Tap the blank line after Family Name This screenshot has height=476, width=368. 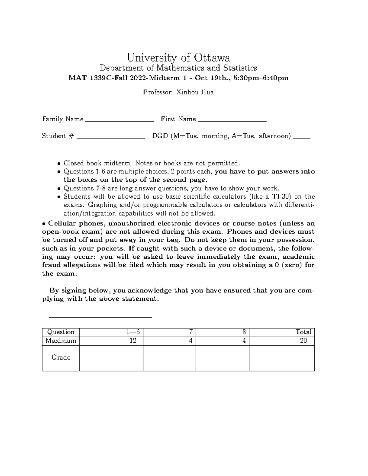pyautogui.click(x=120, y=121)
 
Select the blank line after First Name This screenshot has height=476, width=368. pyautogui.click(x=232, y=121)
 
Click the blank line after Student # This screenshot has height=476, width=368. pyautogui.click(x=111, y=138)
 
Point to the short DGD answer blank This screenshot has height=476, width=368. pyautogui.click(x=302, y=138)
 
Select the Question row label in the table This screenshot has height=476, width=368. pyautogui.click(x=60, y=332)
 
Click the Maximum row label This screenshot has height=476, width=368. pyautogui.click(x=61, y=341)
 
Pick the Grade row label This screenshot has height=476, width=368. pyautogui.click(x=61, y=357)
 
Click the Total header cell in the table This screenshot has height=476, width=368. pyautogui.click(x=303, y=332)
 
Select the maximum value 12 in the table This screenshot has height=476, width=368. pyautogui.click(x=132, y=341)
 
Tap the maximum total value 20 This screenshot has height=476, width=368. pyautogui.click(x=303, y=341)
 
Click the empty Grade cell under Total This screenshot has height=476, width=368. pyautogui.click(x=282, y=358)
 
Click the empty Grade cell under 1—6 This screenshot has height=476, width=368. pyautogui.click(x=111, y=358)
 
